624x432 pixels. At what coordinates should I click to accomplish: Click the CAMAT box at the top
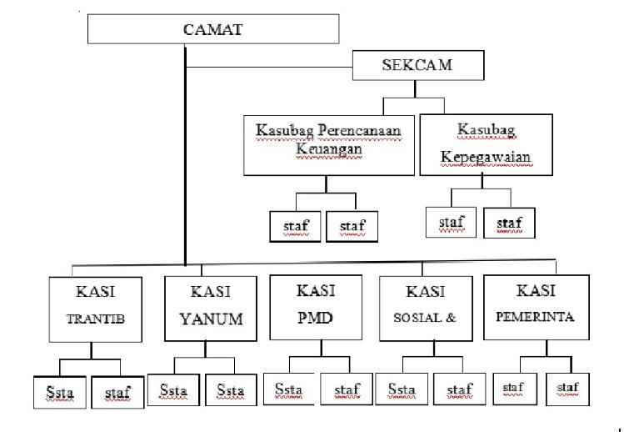click(x=213, y=29)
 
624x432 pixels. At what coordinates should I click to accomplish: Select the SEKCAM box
click(x=418, y=65)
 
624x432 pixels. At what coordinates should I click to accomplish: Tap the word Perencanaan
click(x=360, y=130)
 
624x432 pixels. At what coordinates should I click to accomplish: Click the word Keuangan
click(x=329, y=148)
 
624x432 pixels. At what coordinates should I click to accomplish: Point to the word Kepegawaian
click(x=486, y=157)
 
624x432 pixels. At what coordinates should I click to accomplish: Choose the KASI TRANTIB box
click(x=96, y=309)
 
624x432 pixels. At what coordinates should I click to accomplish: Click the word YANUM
click(x=212, y=319)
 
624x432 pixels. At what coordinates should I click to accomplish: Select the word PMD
click(x=315, y=318)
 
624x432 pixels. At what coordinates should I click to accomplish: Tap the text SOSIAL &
click(x=425, y=318)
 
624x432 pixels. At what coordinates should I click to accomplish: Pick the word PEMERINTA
click(x=535, y=317)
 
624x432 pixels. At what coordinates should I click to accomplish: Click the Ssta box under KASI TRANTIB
click(x=60, y=393)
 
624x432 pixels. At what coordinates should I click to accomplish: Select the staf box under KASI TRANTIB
click(x=117, y=393)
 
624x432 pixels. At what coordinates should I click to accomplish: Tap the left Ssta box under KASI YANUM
click(x=173, y=389)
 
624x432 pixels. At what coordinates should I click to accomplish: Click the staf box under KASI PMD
click(x=347, y=389)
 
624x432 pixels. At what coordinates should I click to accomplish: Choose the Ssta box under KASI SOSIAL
click(x=402, y=389)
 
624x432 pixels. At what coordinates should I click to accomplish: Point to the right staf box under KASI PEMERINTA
click(x=567, y=389)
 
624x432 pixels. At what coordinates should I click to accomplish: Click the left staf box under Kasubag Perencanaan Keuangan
click(x=295, y=226)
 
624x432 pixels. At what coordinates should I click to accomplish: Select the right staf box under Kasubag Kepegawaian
click(x=509, y=223)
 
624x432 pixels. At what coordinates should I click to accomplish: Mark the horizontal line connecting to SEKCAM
click(x=269, y=67)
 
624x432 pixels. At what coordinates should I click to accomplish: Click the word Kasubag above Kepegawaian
click(x=487, y=129)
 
